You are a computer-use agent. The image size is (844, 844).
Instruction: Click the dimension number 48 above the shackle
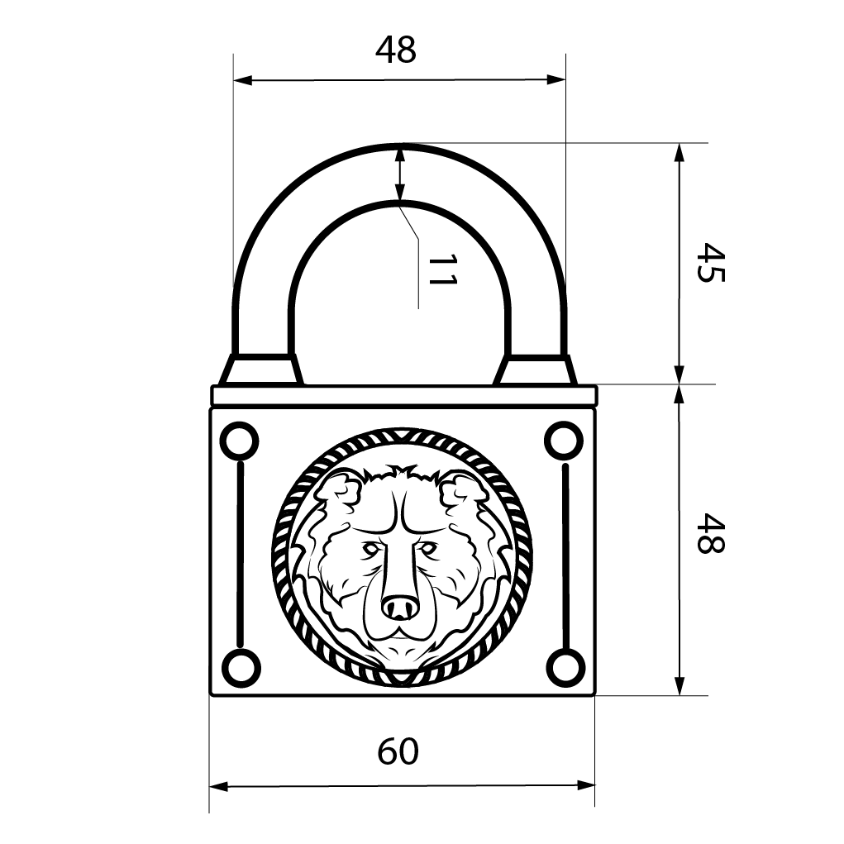click(x=396, y=50)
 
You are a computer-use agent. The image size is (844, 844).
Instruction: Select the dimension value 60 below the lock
click(x=398, y=751)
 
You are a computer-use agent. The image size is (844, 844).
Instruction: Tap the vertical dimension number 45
click(x=711, y=262)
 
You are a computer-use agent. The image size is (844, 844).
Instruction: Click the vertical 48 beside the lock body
click(x=711, y=533)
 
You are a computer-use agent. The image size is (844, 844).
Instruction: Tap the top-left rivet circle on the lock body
click(x=240, y=441)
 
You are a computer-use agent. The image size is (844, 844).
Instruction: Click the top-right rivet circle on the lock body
click(x=564, y=441)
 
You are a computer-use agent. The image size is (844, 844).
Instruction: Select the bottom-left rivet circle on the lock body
click(x=241, y=668)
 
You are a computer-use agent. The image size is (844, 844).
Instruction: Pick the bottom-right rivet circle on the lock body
click(x=565, y=668)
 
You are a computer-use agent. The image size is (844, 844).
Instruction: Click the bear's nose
click(x=400, y=607)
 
